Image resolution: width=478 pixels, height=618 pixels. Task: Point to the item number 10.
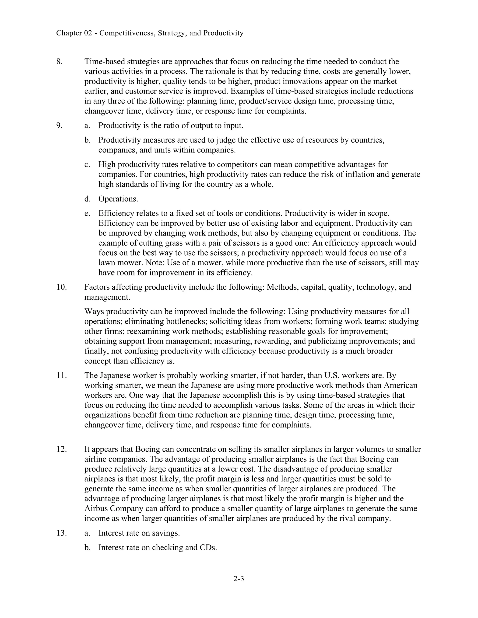pos(61,287)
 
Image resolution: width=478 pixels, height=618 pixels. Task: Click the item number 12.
pos(61,449)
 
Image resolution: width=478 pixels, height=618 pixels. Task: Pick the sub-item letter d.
pos(87,199)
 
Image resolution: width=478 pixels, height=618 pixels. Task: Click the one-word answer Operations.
pos(118,199)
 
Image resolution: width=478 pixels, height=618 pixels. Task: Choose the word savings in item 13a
pos(166,533)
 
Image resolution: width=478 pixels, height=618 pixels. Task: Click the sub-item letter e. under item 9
pos(87,213)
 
